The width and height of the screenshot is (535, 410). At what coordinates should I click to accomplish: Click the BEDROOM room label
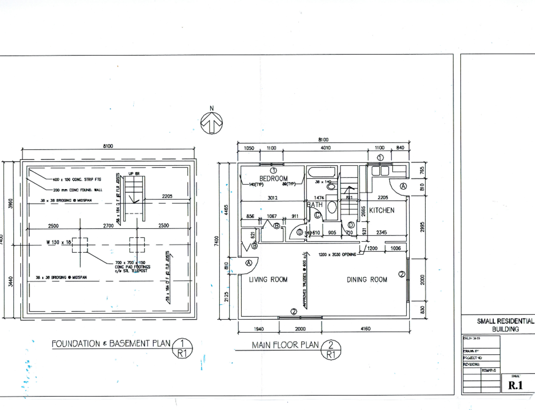click(273, 179)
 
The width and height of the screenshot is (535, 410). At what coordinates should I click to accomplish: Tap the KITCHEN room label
click(381, 210)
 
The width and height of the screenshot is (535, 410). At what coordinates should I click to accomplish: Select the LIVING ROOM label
click(268, 280)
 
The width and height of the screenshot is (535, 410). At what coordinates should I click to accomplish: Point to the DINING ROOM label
click(367, 280)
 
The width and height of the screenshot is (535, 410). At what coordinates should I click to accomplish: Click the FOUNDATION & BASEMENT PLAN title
click(111, 343)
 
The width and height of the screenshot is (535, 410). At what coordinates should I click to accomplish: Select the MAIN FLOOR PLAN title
click(285, 345)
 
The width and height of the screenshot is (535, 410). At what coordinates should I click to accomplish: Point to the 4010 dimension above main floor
click(325, 148)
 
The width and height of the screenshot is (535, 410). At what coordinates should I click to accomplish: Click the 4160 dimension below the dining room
click(365, 329)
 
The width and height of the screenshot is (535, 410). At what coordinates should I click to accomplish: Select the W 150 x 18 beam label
click(58, 243)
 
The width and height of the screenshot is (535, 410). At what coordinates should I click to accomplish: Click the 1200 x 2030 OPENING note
click(337, 255)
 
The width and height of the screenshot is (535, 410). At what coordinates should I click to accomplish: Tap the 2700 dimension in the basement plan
click(109, 226)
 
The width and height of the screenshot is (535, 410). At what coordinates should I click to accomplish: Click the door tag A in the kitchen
click(403, 186)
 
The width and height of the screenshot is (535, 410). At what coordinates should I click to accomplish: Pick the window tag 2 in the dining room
click(401, 274)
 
